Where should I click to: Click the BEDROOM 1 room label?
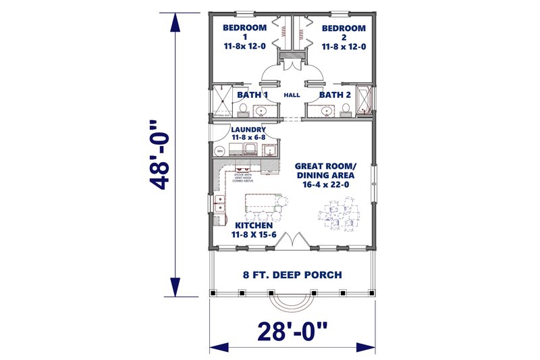pyautogui.click(x=244, y=28)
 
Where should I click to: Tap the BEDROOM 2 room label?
pyautogui.click(x=343, y=28)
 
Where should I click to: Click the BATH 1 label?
pyautogui.click(x=252, y=95)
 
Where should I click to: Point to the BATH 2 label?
pyautogui.click(x=335, y=95)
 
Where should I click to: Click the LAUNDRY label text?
pyautogui.click(x=248, y=129)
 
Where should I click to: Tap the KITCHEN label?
pyautogui.click(x=253, y=225)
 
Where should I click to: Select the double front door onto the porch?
pyautogui.click(x=292, y=240)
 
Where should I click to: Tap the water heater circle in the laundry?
pyautogui.click(x=219, y=152)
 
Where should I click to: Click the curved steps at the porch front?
pyautogui.click(x=292, y=301)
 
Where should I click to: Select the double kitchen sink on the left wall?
pyautogui.click(x=219, y=201)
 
